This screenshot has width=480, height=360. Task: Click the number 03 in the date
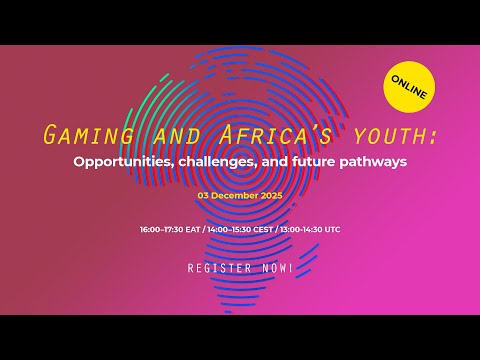click(x=208, y=196)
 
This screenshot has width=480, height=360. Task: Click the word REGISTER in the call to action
click(x=219, y=268)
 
